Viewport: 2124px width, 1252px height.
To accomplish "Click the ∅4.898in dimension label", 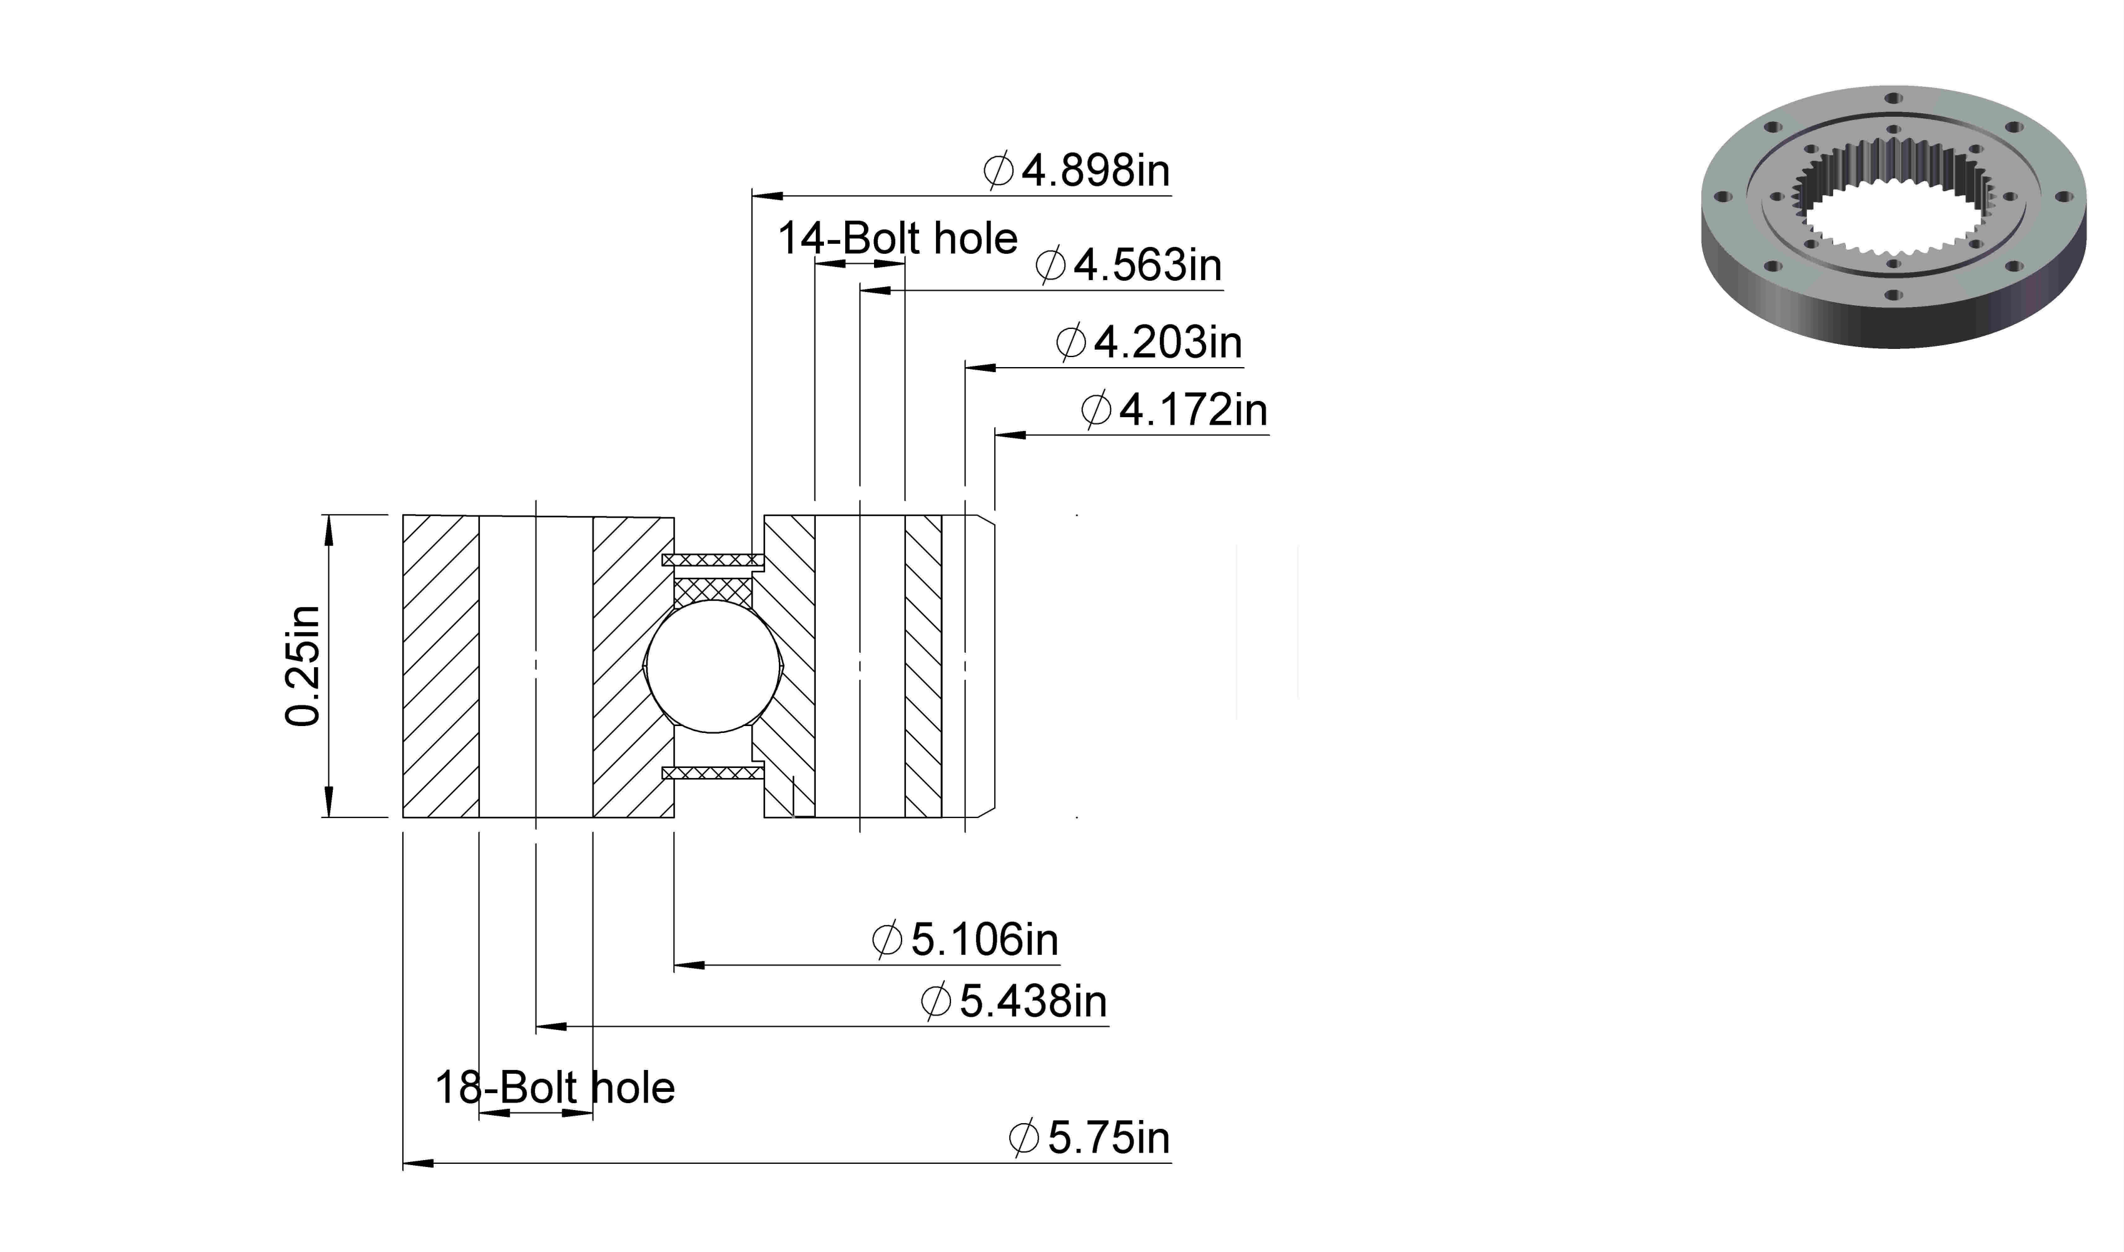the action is click(x=1077, y=171).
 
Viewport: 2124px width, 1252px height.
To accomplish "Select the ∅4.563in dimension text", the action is click(x=1128, y=266).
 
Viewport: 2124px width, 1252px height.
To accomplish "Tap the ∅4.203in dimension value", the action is click(x=1149, y=343).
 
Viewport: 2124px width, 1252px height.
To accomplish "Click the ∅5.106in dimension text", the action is click(x=965, y=940).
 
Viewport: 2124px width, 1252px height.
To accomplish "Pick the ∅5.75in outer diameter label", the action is click(x=1089, y=1138).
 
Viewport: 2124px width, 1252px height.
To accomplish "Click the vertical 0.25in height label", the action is click(x=303, y=665).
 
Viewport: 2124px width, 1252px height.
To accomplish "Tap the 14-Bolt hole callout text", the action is click(x=898, y=239).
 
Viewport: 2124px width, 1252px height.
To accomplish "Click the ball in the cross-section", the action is click(x=713, y=665).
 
